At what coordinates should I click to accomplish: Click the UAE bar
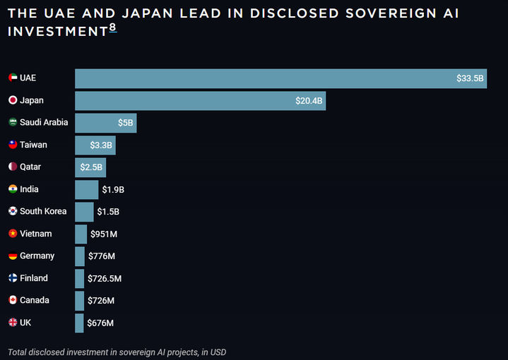[x=280, y=78]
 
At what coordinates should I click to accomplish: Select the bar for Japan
[x=200, y=101]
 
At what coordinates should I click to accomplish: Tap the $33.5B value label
[x=470, y=78]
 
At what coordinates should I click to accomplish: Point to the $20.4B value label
[x=309, y=101]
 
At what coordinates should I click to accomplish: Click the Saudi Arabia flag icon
[x=13, y=122]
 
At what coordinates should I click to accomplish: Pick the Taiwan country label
[x=33, y=145]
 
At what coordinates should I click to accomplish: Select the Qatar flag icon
[x=13, y=167]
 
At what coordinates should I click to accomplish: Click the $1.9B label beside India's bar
[x=113, y=189]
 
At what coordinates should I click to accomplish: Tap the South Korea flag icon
[x=13, y=211]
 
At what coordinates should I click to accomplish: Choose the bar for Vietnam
[x=81, y=234]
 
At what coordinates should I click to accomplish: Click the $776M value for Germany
[x=102, y=256]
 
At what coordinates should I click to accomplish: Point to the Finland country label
[x=34, y=278]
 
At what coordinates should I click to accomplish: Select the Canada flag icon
[x=13, y=300]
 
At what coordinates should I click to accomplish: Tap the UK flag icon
[x=13, y=323]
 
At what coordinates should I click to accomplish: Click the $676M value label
[x=100, y=323]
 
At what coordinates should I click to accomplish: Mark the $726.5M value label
[x=105, y=279]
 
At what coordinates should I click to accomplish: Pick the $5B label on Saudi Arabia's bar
[x=126, y=123]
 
